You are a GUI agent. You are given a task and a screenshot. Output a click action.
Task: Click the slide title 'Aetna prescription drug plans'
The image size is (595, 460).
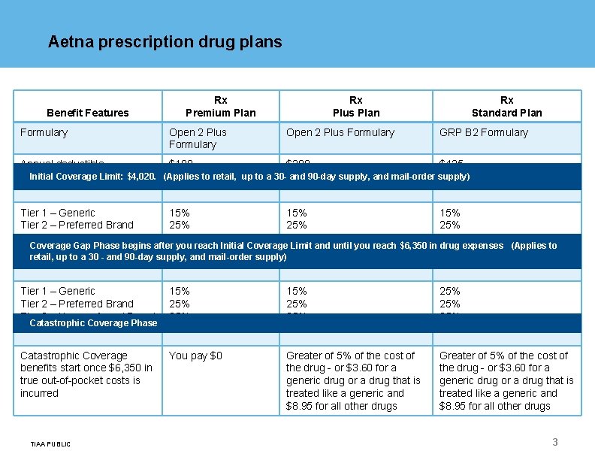coord(165,42)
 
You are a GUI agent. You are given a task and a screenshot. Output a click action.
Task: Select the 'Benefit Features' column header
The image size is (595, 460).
coord(88,113)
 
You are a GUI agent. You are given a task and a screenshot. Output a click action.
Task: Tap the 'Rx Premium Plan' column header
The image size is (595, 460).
coord(221,107)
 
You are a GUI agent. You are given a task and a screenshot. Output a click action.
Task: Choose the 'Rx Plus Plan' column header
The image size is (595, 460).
coord(356,107)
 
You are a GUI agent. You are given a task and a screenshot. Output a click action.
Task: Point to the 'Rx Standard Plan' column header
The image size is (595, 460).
coord(506,107)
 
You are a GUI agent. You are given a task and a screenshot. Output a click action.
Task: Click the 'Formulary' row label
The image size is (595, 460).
coord(44,132)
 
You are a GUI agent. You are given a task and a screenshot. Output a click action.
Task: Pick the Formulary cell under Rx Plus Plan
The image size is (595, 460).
coord(340,132)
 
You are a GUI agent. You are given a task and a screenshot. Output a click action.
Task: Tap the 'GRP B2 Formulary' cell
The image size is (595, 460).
coord(484,132)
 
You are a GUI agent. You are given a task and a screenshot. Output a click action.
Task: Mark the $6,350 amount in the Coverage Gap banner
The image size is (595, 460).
coord(415,246)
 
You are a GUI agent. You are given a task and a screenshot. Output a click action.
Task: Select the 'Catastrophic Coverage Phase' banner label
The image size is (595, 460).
coord(93,323)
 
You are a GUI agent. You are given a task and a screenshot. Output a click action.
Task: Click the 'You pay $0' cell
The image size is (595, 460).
coord(195,356)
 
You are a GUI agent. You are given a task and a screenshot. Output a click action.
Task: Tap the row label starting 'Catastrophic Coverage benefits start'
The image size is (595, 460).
coord(86,374)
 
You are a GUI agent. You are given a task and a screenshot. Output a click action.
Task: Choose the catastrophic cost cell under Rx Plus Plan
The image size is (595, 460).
coord(350,380)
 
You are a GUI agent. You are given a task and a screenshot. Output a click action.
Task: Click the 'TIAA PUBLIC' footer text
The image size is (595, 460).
coord(50,444)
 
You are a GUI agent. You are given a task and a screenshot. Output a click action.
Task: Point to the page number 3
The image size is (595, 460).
coord(555,442)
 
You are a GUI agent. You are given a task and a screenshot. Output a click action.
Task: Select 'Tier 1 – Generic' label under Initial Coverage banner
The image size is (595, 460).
coord(58,213)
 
